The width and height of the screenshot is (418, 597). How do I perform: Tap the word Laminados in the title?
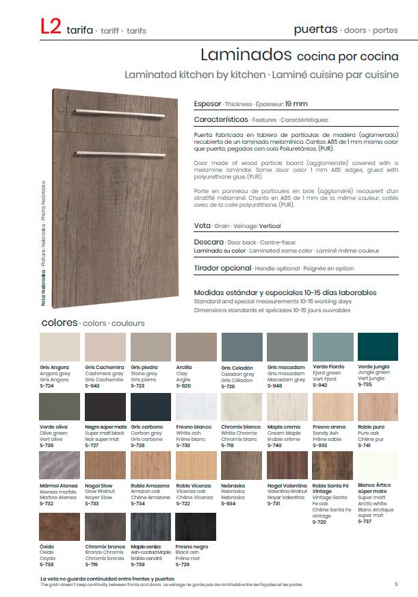(x=246, y=55)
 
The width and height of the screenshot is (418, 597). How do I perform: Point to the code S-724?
(x=47, y=385)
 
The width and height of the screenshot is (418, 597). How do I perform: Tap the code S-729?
(x=183, y=564)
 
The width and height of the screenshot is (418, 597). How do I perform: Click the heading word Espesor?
(x=208, y=103)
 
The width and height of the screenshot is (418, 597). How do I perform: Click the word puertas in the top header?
(x=315, y=29)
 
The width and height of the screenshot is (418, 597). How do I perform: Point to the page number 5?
(x=396, y=584)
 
